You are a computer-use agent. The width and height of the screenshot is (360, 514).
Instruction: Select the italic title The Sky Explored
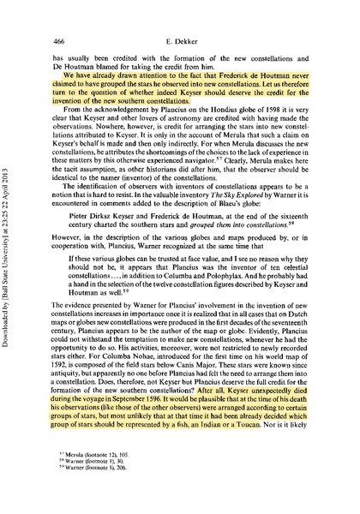click(260, 194)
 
